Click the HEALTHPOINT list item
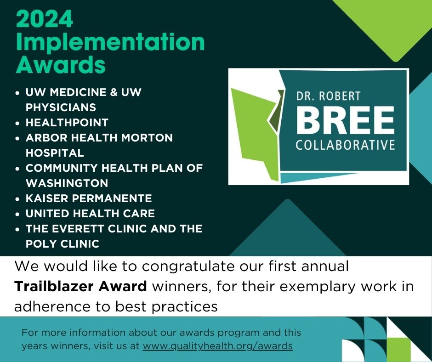coord(67,123)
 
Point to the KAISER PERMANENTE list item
coord(89,198)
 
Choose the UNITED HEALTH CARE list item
coord(90,214)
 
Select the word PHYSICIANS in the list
coord(61,107)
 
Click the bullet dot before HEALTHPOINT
coord(17,123)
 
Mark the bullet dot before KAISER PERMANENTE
coord(17,199)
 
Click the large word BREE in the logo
coord(345,120)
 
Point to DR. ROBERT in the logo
coord(328,97)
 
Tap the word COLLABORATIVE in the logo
coord(345,145)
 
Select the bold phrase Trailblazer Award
coord(80,287)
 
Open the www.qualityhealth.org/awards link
coord(217,346)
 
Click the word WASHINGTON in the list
coord(67,183)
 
